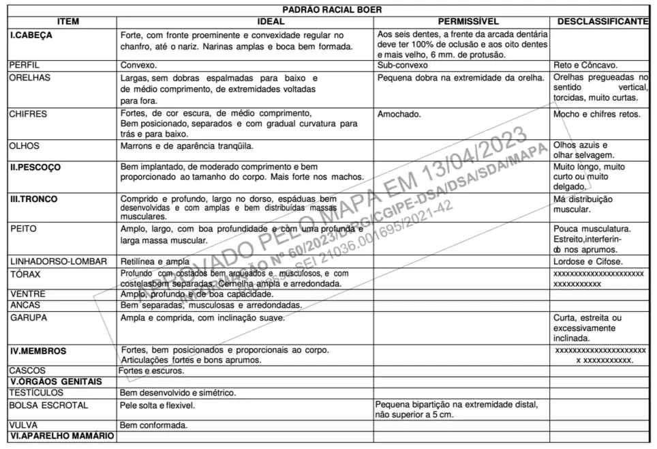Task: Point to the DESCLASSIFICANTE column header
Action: [602, 21]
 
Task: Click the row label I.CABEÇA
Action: [31, 33]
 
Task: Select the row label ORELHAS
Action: [29, 78]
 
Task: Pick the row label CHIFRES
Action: [28, 114]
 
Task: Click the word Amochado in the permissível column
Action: [399, 114]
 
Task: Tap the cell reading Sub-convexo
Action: [402, 66]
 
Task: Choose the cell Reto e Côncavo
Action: [585, 66]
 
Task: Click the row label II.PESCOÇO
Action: [35, 166]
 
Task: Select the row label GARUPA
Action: [29, 317]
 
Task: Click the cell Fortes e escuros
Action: [151, 371]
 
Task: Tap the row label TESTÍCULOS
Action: [36, 392]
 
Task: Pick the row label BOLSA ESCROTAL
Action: [48, 405]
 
